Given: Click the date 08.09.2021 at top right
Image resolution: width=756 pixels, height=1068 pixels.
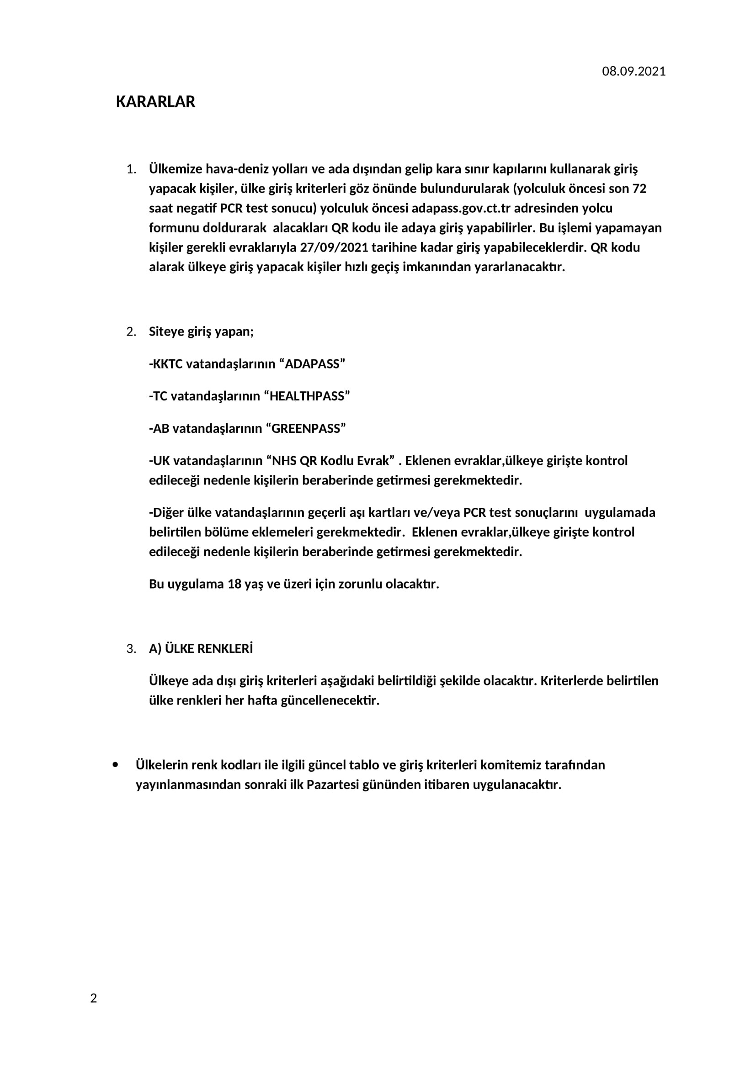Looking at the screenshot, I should tap(634, 72).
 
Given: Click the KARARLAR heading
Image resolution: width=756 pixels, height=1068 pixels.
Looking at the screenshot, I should tap(155, 102).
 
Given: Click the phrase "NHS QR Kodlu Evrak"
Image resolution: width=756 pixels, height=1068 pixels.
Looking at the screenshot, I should tap(330, 461).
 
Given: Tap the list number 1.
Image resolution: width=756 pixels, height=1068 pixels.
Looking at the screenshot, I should tap(131, 169).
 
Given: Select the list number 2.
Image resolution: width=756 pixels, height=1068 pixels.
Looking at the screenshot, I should tap(131, 332).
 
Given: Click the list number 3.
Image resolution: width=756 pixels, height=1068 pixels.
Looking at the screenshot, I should tap(131, 649).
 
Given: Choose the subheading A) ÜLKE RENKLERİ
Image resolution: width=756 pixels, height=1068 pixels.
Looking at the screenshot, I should tap(201, 649).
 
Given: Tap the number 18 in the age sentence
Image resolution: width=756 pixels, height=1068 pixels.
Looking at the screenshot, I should tap(234, 584).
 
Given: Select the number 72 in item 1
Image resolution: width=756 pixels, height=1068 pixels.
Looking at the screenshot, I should tap(639, 189).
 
